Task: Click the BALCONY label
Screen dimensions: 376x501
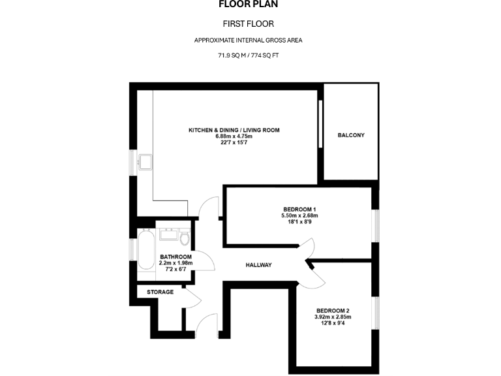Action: [x=351, y=135]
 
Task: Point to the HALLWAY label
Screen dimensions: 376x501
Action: [x=258, y=265]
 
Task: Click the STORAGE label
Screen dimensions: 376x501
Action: [x=160, y=292]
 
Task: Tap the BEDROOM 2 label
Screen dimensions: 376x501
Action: [x=333, y=310]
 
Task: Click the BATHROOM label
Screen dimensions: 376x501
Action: [x=175, y=257]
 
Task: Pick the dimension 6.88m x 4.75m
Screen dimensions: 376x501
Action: [x=234, y=136]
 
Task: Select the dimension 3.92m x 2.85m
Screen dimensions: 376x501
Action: [x=333, y=317]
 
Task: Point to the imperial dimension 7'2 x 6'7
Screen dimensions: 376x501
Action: [x=175, y=270]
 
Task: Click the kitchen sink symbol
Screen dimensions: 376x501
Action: [x=144, y=161]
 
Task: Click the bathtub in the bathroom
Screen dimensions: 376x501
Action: [x=145, y=253]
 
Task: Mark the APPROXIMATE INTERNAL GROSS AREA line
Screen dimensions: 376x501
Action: [x=248, y=40]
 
